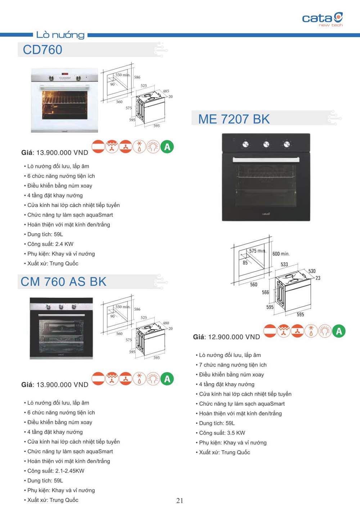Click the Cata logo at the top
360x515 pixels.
click(x=322, y=19)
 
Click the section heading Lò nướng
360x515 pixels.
click(x=60, y=35)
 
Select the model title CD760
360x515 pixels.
click(x=42, y=50)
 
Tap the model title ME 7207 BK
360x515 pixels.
click(x=234, y=119)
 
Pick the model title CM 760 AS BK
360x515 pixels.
click(x=63, y=281)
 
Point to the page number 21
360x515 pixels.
click(x=180, y=500)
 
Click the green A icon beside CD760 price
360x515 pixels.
click(x=167, y=147)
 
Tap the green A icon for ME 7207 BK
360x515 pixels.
click(x=339, y=331)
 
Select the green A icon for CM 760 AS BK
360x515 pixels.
click(x=167, y=379)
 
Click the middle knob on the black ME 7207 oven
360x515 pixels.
click(x=266, y=144)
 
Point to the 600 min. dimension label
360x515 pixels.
click(x=281, y=254)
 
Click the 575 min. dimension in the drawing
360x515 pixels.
click(x=257, y=251)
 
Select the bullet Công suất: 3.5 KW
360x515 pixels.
click(x=222, y=433)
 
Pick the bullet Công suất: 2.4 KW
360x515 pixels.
click(x=50, y=244)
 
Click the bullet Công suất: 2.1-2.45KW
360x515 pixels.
click(x=56, y=471)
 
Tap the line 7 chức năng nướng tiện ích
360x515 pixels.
click(x=233, y=365)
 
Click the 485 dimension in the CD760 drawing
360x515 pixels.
click(x=166, y=91)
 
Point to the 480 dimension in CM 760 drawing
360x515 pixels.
click(x=166, y=323)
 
